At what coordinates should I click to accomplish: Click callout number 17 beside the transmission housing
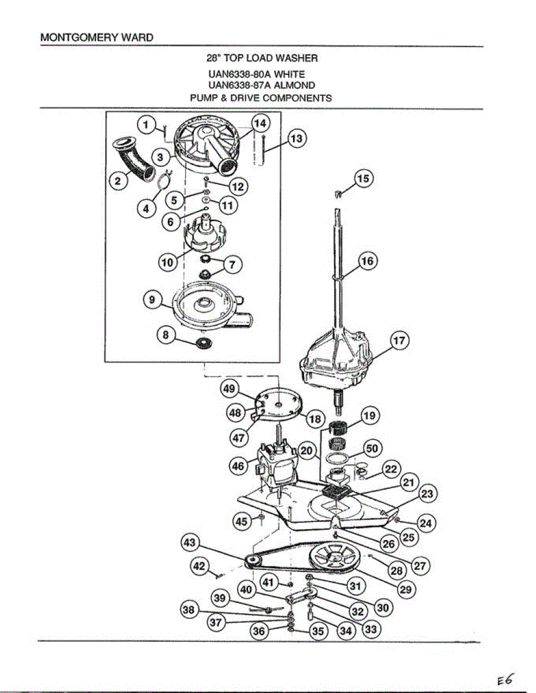point(400,341)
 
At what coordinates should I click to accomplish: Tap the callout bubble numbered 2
point(119,181)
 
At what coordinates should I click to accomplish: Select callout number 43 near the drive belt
point(190,543)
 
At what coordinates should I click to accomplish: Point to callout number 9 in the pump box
point(151,300)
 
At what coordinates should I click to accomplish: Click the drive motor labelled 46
point(278,462)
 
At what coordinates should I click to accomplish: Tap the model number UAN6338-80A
point(240,74)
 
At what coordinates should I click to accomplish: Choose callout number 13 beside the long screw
point(296,139)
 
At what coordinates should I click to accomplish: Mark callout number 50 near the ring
point(372,448)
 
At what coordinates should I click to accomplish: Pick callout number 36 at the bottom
point(258,632)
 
